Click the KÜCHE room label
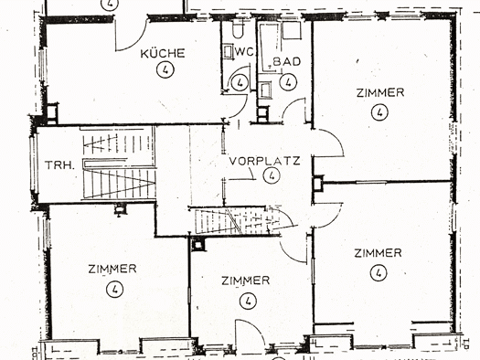[163, 54]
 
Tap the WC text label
[244, 52]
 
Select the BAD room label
[287, 61]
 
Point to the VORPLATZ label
[265, 161]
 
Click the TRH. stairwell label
[59, 165]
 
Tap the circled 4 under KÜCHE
[165, 69]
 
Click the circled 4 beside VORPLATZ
[272, 175]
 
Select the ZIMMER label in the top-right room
[380, 92]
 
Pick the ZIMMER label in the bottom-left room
[112, 269]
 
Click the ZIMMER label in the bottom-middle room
[246, 281]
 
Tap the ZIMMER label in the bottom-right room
[379, 253]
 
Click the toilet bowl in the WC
[238, 30]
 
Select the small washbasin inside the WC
[228, 51]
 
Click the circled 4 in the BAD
[288, 82]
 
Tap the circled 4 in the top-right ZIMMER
[379, 112]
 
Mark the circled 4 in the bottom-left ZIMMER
[115, 289]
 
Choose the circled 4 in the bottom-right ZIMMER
[379, 273]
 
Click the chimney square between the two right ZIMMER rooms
[318, 184]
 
